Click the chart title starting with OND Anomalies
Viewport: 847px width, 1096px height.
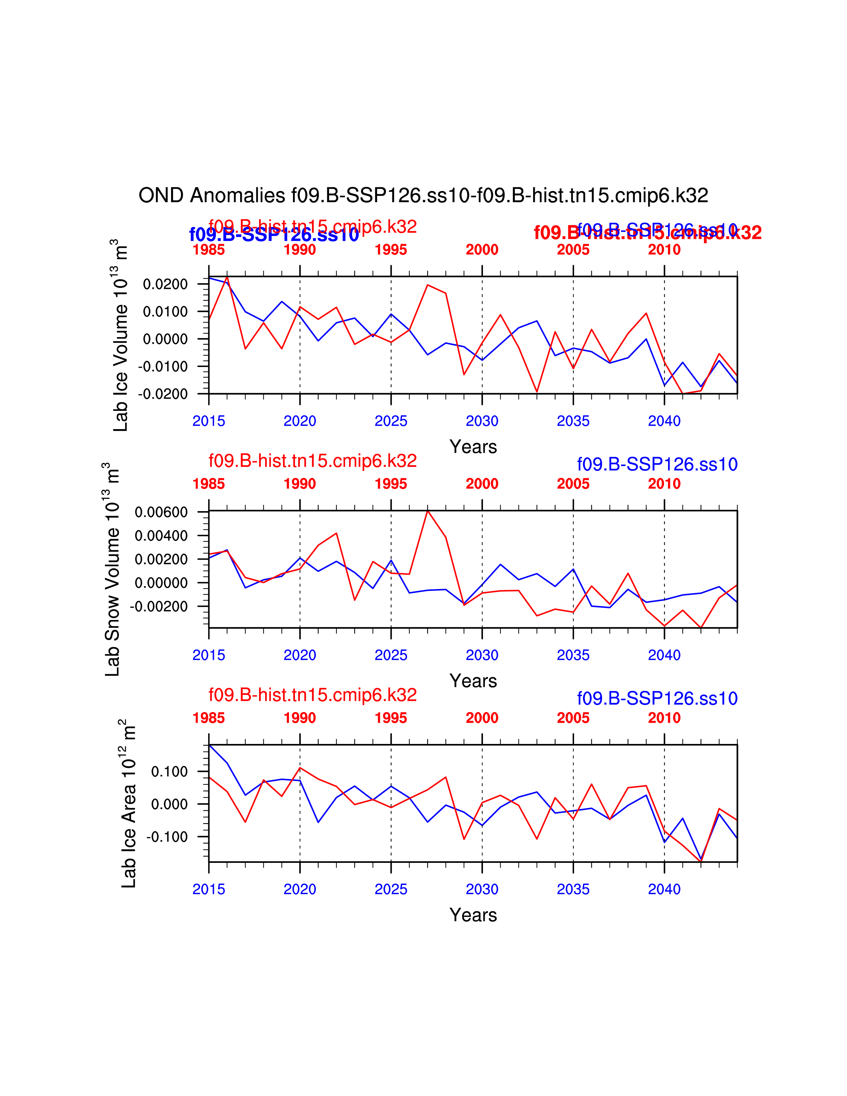click(423, 196)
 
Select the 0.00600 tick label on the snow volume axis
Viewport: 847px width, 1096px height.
click(161, 512)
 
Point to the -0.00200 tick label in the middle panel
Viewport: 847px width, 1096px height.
click(158, 606)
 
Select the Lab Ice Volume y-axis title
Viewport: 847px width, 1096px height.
click(121, 335)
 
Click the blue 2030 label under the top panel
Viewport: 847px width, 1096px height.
click(482, 421)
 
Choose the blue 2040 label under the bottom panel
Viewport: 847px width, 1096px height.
click(664, 889)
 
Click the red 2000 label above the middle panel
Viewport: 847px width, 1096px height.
click(482, 484)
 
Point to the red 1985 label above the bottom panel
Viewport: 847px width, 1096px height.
click(209, 718)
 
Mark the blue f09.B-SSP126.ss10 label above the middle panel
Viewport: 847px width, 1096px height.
click(657, 464)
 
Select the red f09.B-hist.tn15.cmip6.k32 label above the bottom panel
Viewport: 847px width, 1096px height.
click(313, 695)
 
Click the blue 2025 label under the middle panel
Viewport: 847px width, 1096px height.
click(391, 655)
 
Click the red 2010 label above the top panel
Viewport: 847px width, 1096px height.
click(664, 249)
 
